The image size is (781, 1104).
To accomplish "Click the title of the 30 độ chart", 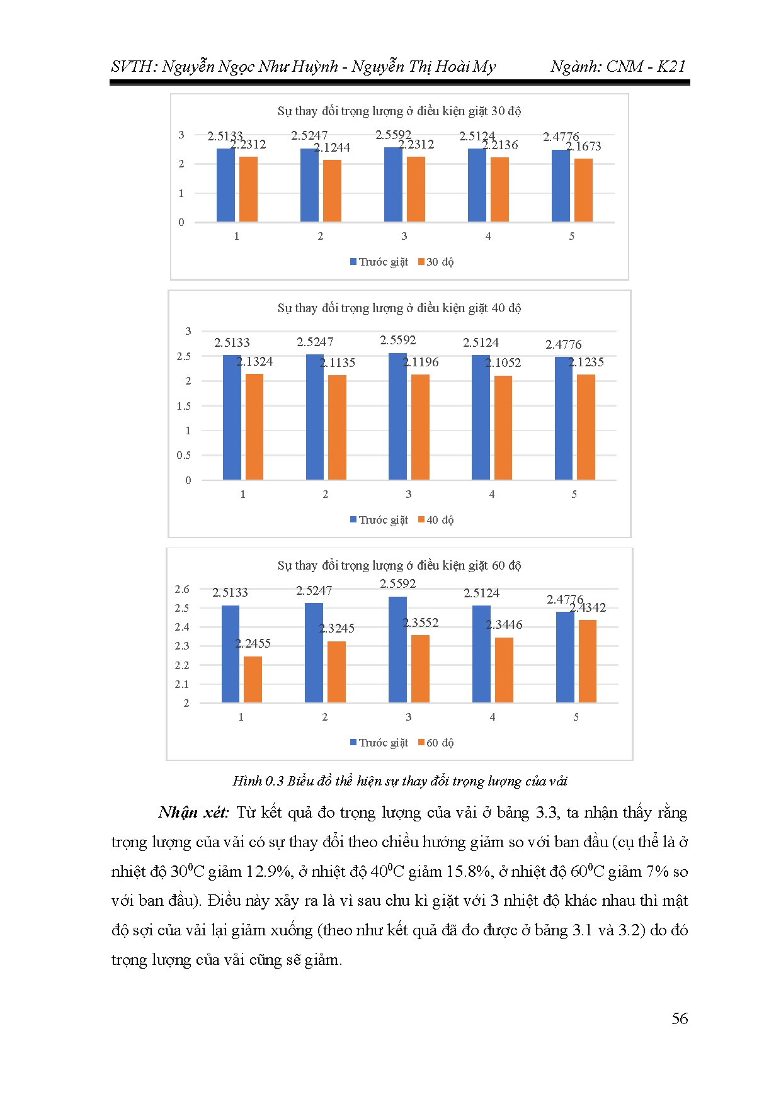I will (x=399, y=111).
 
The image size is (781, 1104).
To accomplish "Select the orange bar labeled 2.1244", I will (x=332, y=191).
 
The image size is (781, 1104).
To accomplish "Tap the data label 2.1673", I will (x=583, y=147).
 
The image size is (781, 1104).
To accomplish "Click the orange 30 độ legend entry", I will (x=436, y=262).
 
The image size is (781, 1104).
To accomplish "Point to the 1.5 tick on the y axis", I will (x=183, y=406).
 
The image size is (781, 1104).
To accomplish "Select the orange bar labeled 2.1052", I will (x=503, y=427).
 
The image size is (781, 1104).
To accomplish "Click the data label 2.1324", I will (x=254, y=361).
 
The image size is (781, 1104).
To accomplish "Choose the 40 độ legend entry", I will (x=436, y=520).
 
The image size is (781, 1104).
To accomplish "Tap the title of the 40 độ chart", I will (x=399, y=308).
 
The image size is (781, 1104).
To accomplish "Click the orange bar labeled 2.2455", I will (x=253, y=679).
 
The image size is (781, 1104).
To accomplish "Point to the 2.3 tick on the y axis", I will (x=182, y=646).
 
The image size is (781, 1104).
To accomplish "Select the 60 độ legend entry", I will (x=436, y=743).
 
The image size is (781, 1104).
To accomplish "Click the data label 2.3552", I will (x=421, y=623).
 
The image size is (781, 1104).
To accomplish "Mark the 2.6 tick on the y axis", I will (x=182, y=589).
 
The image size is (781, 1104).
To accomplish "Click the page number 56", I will (x=680, y=1018).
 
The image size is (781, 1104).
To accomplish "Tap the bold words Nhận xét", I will (x=193, y=813).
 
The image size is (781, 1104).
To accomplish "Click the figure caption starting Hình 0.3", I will (x=399, y=781).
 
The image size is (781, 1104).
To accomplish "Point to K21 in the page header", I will (x=671, y=67).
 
